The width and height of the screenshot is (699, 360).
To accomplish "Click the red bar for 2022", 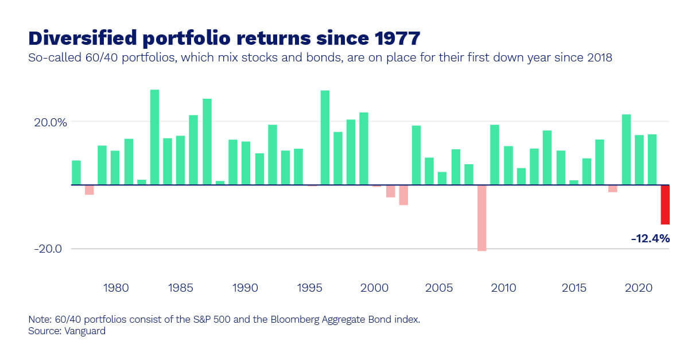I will (665, 204).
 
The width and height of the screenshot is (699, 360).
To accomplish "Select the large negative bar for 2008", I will (481, 218).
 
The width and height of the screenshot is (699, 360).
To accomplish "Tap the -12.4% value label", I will (650, 238).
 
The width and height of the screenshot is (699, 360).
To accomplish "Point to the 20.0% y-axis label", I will (49, 122).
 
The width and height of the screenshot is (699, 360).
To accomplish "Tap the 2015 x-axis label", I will (573, 287).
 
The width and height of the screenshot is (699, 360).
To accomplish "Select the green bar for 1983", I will (154, 137).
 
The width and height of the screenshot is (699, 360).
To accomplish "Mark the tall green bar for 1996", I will (325, 138).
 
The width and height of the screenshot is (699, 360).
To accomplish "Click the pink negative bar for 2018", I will (612, 188).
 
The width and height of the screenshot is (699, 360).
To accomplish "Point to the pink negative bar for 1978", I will (89, 189).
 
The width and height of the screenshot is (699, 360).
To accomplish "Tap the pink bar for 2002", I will (403, 195).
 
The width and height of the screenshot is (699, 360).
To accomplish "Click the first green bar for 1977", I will (76, 172).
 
